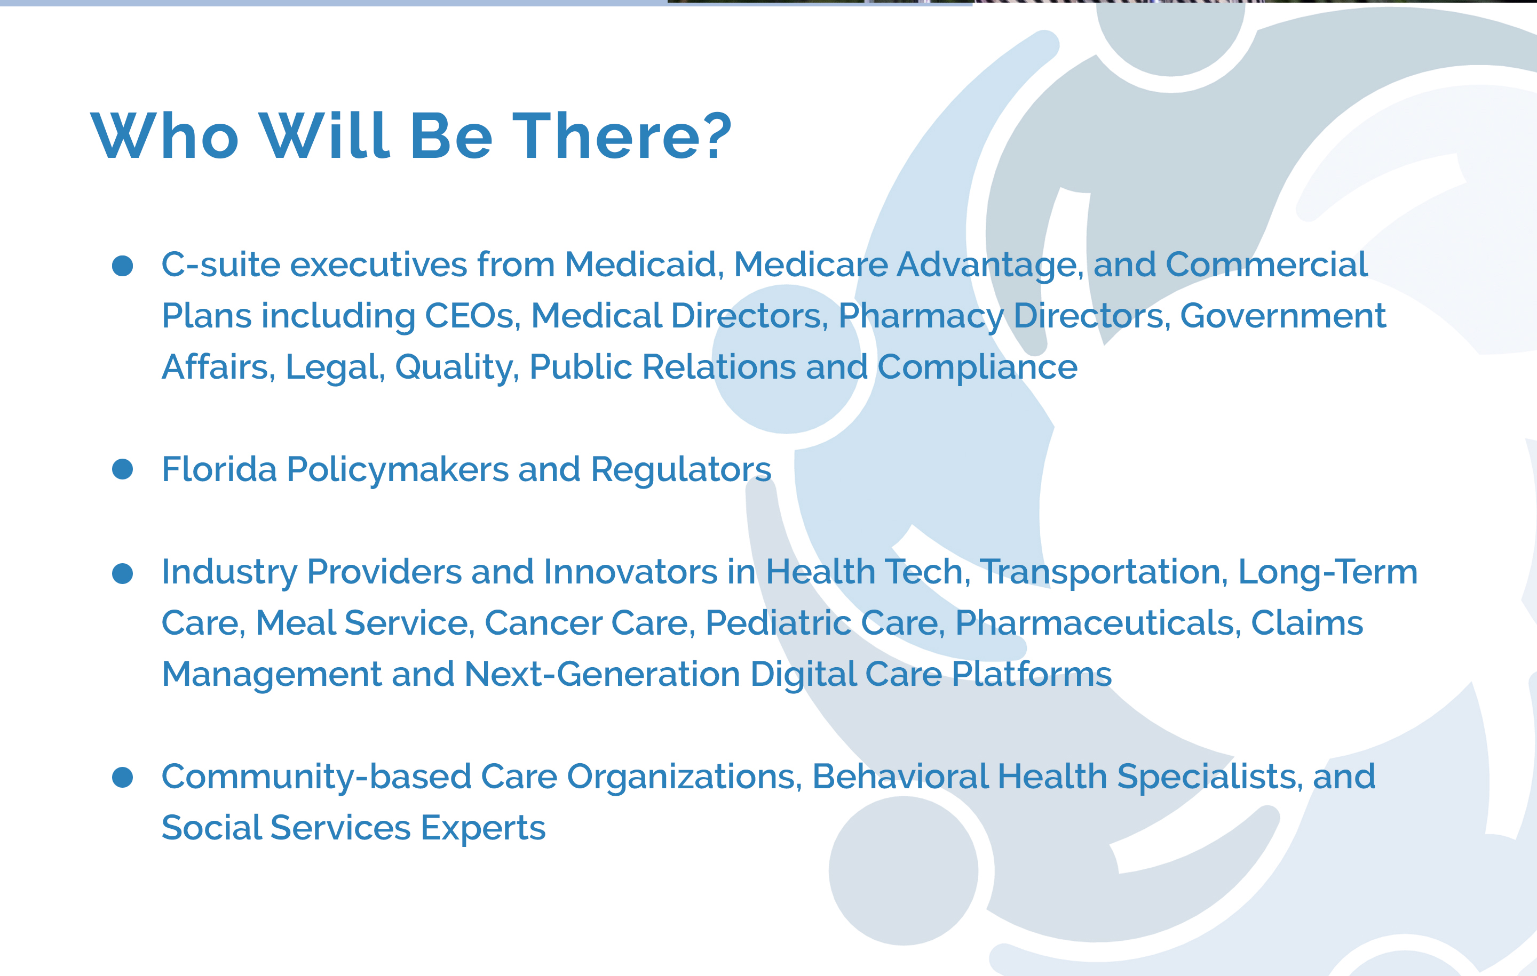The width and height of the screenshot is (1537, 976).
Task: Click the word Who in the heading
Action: [x=165, y=135]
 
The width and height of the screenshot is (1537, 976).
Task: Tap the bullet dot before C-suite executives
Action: [x=123, y=266]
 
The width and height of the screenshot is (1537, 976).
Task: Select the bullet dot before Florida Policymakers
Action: [x=123, y=469]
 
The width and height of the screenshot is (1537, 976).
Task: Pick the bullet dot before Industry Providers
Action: [x=123, y=573]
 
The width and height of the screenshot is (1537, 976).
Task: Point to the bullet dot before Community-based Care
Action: [x=123, y=777]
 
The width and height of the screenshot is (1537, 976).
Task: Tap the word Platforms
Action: [x=1032, y=674]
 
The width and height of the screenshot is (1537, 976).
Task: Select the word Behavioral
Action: [x=900, y=777]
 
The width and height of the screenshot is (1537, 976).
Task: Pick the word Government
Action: [x=1283, y=316]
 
